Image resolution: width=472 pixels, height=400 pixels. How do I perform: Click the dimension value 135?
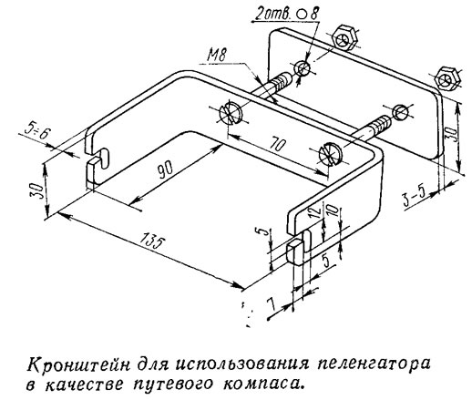(x=153, y=242)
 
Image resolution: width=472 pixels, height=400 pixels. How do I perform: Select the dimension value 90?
(x=165, y=169)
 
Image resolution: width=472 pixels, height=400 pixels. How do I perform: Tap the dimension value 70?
(x=276, y=145)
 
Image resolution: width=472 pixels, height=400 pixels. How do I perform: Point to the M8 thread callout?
(x=217, y=55)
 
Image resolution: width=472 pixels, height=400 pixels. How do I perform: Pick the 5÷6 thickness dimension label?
(x=36, y=133)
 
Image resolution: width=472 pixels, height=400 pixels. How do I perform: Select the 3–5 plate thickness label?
(x=414, y=199)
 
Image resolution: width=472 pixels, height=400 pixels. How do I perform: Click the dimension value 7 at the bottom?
(x=272, y=303)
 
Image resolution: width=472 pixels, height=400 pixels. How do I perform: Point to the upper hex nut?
(x=345, y=37)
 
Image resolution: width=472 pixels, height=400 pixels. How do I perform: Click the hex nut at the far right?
(x=447, y=77)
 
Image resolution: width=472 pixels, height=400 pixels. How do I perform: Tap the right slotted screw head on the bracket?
(x=331, y=154)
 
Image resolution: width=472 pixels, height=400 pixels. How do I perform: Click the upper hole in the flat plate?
(x=303, y=67)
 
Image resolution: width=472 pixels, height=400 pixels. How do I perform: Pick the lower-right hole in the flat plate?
(x=401, y=112)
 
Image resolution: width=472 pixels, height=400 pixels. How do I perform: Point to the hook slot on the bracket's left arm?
(x=102, y=158)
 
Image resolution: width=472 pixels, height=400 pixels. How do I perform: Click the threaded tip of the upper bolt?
(x=282, y=80)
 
